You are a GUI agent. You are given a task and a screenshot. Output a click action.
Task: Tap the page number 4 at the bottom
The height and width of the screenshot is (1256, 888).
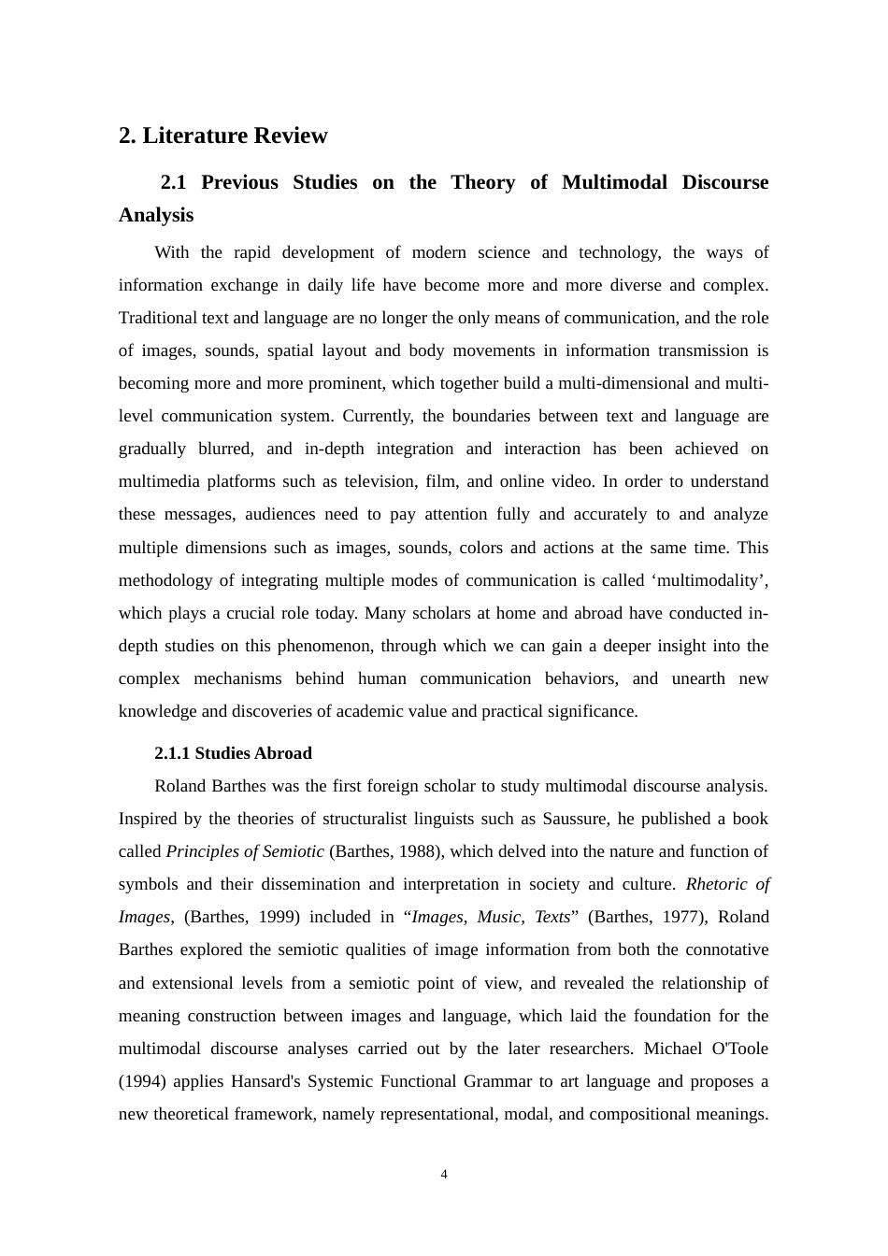pyautogui.click(x=444, y=1175)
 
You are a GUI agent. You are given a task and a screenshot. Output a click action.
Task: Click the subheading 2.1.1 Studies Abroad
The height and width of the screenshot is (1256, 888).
pyautogui.click(x=233, y=753)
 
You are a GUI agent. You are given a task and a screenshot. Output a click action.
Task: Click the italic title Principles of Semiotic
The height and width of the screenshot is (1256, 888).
pyautogui.click(x=245, y=851)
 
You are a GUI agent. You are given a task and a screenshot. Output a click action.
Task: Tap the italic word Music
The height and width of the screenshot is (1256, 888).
pyautogui.click(x=498, y=917)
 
